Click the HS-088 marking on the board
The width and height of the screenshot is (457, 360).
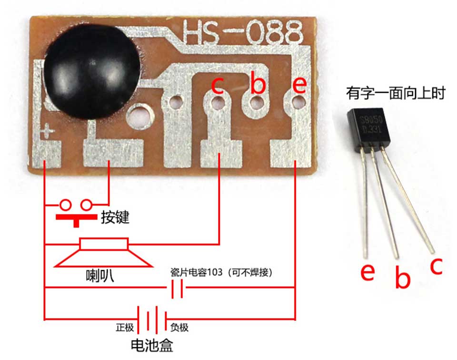tap(243, 32)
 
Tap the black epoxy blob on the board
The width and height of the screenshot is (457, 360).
tap(92, 72)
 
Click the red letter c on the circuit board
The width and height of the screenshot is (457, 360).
tap(218, 85)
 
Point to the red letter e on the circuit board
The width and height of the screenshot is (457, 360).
tap(299, 85)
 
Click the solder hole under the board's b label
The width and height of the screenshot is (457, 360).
tap(257, 103)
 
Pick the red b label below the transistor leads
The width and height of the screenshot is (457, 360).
tap(403, 277)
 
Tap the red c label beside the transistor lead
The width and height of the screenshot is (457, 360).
tap(437, 266)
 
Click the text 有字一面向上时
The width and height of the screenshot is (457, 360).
tap(396, 93)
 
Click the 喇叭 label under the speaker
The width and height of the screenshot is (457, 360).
tap(100, 275)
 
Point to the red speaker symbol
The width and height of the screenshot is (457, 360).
tap(103, 252)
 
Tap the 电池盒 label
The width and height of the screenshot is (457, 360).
tap(152, 345)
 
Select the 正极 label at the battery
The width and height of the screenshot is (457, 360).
tap(125, 327)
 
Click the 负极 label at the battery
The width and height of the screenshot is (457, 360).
tap(179, 327)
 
